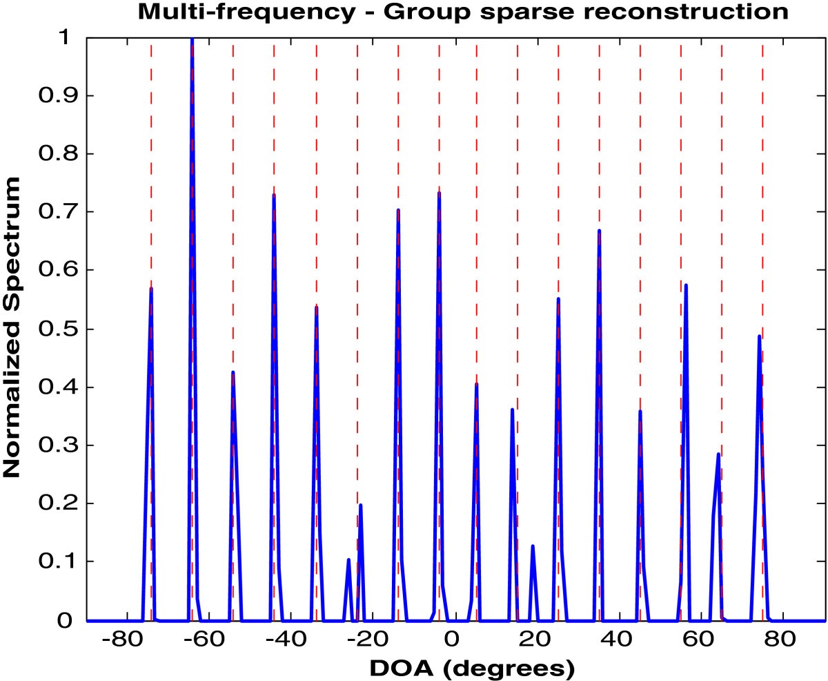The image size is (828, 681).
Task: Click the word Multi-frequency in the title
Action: pos(228,12)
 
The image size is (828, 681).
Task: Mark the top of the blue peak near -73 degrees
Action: pos(151,289)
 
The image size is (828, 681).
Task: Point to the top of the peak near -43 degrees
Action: pos(274,195)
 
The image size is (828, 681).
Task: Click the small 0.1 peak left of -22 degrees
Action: pos(348,560)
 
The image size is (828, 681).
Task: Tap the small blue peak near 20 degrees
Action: pos(533,546)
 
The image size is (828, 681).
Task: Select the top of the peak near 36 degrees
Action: pos(599,231)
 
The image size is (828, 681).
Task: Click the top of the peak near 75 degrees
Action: pos(759,336)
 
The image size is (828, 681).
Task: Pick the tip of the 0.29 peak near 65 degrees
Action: pos(718,454)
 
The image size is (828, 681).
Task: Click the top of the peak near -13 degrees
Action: pos(398,210)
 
